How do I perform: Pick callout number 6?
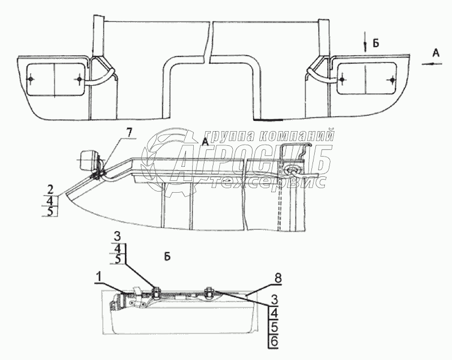point(273,341)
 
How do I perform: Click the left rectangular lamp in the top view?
point(55,79)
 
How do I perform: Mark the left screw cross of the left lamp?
point(32,79)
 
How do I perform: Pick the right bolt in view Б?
point(208,292)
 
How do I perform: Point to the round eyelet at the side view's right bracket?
point(294,171)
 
